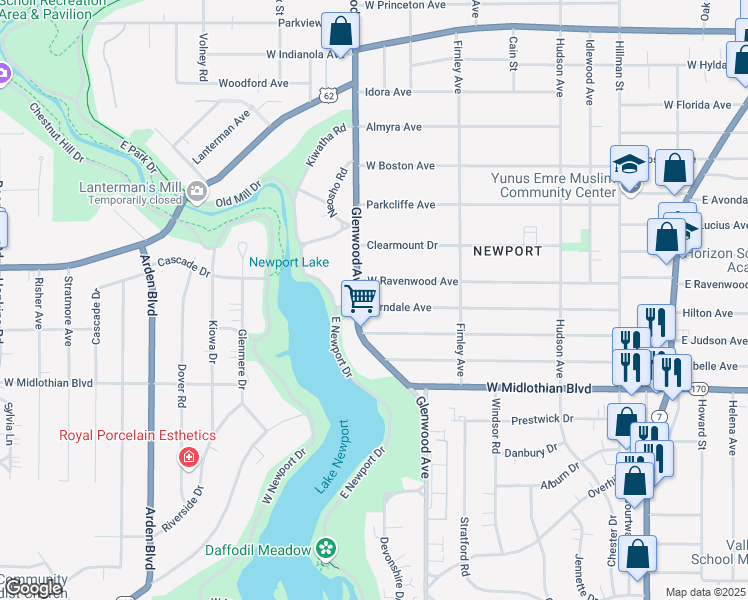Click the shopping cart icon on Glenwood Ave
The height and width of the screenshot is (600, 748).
click(359, 297)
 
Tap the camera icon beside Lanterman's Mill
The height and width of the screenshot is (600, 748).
click(197, 191)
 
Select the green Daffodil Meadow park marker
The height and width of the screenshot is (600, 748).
click(325, 548)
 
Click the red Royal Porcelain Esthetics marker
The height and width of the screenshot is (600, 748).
click(187, 457)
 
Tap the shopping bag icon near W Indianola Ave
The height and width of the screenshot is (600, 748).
click(340, 32)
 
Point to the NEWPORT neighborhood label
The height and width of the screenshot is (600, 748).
click(507, 251)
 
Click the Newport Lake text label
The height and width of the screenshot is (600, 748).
click(289, 262)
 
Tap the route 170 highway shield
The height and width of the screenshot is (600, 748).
click(698, 388)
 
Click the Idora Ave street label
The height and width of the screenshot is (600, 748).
click(388, 92)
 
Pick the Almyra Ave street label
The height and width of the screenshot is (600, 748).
click(393, 127)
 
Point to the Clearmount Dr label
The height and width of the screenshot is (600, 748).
click(402, 244)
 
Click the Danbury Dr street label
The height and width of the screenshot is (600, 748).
click(530, 452)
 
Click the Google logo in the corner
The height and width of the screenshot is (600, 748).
click(34, 588)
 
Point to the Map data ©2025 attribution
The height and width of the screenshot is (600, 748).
click(704, 592)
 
